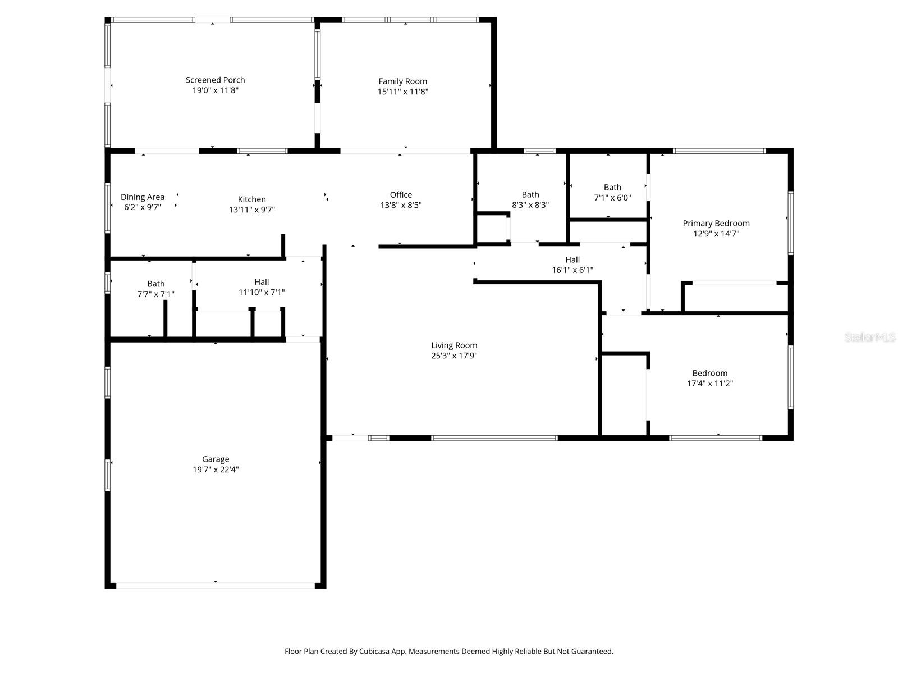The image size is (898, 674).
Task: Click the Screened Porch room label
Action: coord(215,80)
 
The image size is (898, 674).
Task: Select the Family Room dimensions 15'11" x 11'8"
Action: coord(402,92)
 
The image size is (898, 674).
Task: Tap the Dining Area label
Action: coord(143,197)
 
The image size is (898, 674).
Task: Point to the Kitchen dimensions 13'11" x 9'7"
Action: coord(251,210)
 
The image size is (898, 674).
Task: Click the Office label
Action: coord(401,195)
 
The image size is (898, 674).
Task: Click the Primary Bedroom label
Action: coord(716,224)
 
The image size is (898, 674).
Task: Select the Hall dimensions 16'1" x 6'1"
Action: coord(572,270)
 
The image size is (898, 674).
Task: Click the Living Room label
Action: coord(454,345)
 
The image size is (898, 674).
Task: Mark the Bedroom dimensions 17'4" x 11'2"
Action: coord(709,384)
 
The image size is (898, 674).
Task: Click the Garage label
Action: coord(216,459)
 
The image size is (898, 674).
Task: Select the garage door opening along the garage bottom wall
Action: coord(216,585)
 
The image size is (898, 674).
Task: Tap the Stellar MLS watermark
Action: coord(870,338)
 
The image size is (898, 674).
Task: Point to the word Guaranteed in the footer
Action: coord(592,652)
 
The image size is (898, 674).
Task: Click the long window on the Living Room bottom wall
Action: coord(494,438)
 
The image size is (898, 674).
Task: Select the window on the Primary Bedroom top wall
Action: coord(719,151)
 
